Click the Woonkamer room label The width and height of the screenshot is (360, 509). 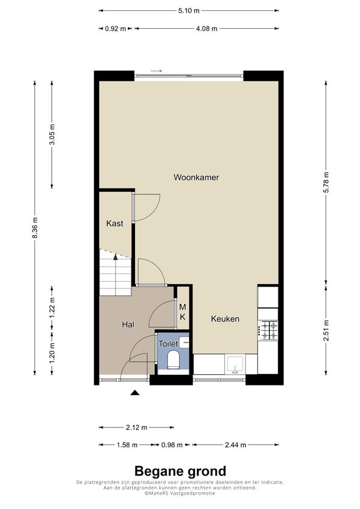tap(196, 177)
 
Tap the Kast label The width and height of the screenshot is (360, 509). tap(115, 224)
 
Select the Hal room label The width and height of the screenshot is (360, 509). tap(128, 324)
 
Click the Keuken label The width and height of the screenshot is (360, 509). tap(225, 319)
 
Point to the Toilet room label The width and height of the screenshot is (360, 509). tap(168, 344)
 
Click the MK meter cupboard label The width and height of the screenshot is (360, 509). tap(182, 312)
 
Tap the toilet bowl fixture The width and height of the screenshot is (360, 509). tap(173, 359)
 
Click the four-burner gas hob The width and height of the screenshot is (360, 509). tap(268, 330)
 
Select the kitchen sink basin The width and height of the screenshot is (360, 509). tap(235, 364)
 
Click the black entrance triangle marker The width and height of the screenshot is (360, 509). tap(135, 393)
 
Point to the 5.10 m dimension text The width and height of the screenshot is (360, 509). tap(189, 11)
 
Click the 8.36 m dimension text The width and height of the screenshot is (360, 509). tap(35, 228)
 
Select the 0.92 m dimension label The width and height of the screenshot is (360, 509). tap(115, 29)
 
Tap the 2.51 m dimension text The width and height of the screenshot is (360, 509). tap(326, 330)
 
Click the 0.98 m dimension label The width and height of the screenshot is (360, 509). tap(172, 445)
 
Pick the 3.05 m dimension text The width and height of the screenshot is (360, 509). tap(52, 135)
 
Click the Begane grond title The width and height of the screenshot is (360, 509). tap(181, 471)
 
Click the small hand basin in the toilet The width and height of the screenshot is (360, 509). tap(184, 342)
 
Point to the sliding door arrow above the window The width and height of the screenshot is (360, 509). tap(156, 71)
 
